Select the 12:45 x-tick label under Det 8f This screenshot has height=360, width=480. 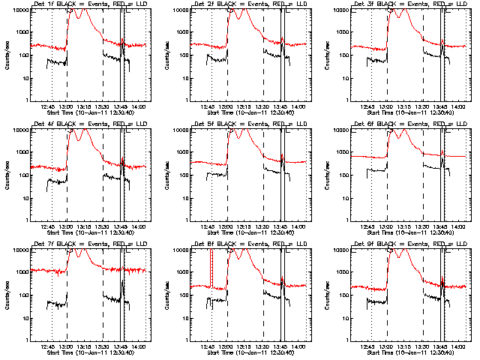point(209,347)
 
